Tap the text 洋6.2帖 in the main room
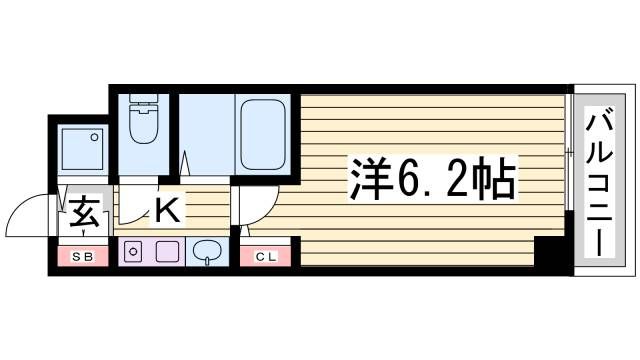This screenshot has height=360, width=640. tap(432, 179)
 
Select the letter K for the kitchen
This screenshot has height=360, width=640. tap(167, 211)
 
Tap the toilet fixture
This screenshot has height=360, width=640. tap(142, 126)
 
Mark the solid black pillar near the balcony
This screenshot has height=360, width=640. tap(549, 253)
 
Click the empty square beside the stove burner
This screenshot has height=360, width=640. tap(166, 252)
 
